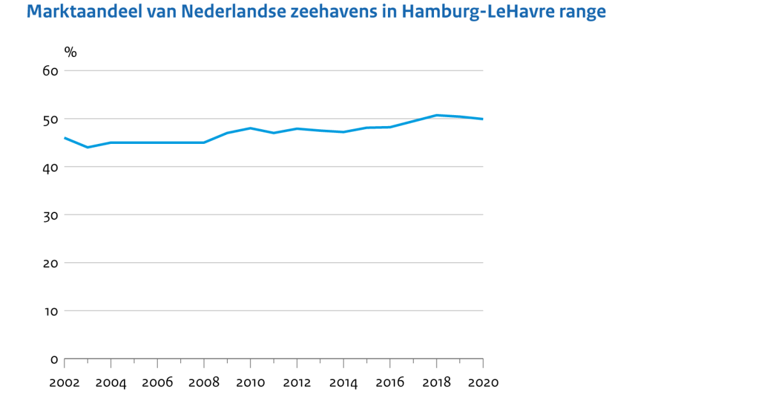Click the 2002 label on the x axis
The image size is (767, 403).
[65, 383]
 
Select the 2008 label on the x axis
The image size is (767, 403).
[204, 383]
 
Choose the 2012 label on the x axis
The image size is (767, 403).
[297, 383]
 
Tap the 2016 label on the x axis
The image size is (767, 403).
[390, 383]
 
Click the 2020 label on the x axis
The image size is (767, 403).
[483, 383]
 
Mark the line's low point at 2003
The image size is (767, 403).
[88, 147]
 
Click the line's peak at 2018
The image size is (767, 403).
[436, 115]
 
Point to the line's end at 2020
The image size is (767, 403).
[483, 119]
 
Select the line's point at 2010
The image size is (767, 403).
[250, 128]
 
